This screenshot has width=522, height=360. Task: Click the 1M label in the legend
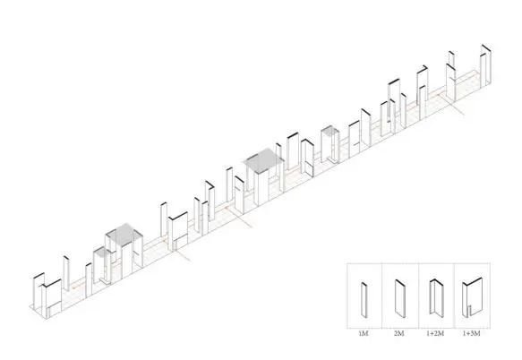[x=364, y=333]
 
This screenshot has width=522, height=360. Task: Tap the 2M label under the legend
[x=398, y=333]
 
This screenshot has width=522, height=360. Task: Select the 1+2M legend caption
[x=435, y=333]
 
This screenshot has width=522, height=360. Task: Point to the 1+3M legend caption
[x=471, y=333]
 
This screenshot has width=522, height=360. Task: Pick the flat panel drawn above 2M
[x=400, y=298]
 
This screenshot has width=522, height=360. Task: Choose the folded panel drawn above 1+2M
[x=437, y=298]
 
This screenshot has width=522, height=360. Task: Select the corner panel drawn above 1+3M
[x=472, y=297]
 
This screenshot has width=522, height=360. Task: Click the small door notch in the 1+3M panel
[x=469, y=311]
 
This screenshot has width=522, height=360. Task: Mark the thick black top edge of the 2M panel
[x=400, y=283]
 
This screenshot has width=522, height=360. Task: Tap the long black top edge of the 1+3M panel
[x=475, y=281]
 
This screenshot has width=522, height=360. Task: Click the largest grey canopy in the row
[x=264, y=160]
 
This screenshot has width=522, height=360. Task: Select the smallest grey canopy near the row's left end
[x=102, y=253]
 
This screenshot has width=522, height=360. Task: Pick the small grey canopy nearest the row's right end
[x=330, y=131]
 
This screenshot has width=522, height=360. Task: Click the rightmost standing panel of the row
[x=485, y=65]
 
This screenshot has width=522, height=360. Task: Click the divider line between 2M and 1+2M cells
[x=418, y=296]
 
